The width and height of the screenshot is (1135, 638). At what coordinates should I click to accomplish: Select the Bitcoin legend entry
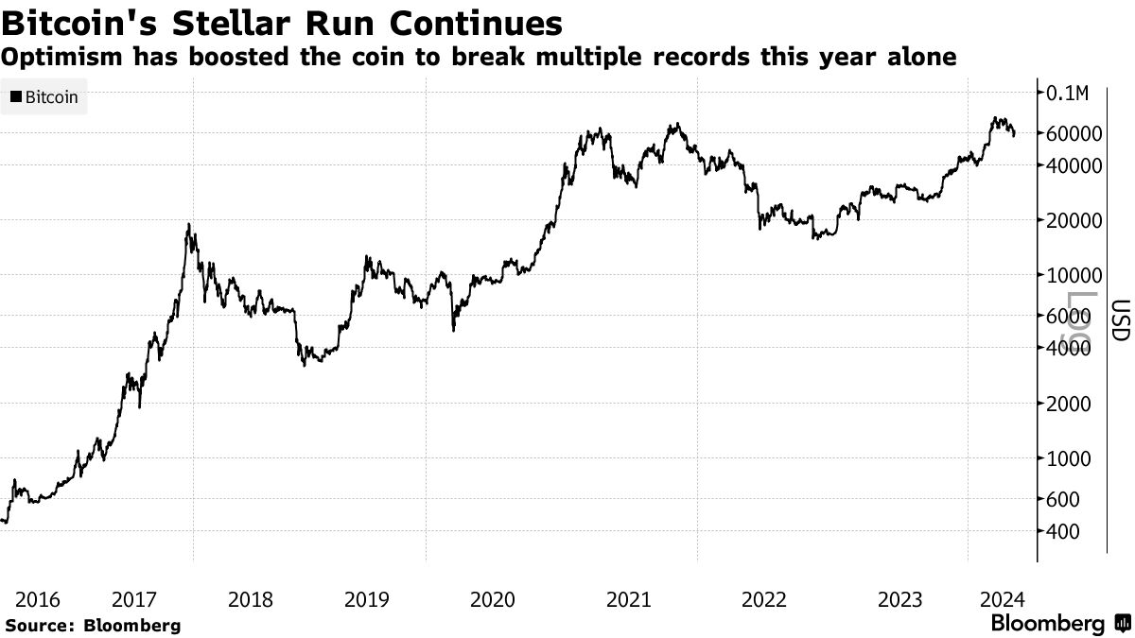44,97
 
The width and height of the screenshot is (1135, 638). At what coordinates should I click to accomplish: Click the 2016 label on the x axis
38,599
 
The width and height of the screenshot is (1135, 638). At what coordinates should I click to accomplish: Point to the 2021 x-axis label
627,599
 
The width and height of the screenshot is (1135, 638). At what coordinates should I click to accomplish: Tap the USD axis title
1120,320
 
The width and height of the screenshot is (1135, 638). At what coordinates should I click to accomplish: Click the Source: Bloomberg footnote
93,625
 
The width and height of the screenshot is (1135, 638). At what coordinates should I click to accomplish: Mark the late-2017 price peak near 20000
189,225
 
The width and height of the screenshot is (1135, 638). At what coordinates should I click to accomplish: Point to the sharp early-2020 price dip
454,329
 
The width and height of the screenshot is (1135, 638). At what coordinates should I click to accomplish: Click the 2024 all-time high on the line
996,118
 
